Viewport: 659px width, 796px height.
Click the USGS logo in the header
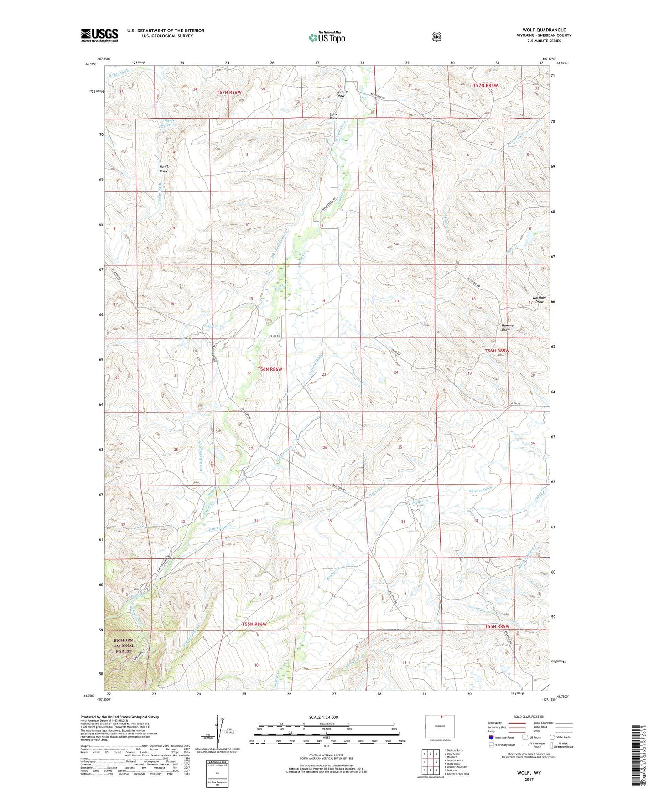tap(99, 35)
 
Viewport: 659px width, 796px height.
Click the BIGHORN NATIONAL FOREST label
tap(124, 646)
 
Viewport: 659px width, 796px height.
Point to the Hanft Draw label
tap(164, 169)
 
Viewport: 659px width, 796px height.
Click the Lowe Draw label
tap(334, 116)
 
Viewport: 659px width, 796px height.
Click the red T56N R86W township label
tap(270, 369)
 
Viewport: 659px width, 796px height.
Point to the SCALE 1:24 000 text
tap(323, 718)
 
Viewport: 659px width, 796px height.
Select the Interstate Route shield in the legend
tap(491, 737)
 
